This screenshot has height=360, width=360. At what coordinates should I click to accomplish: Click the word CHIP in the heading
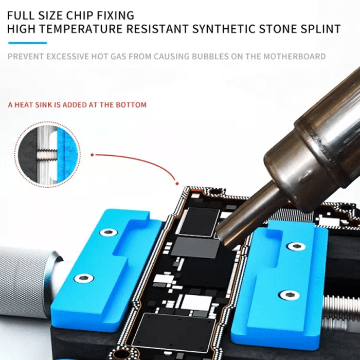80,15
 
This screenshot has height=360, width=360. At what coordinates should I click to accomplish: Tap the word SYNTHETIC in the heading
224,29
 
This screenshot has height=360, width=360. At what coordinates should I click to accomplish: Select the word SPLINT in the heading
321,29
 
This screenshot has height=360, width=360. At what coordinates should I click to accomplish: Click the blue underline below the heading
28,43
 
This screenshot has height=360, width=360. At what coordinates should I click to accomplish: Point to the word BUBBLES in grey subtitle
210,57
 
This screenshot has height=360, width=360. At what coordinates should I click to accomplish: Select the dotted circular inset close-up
47,154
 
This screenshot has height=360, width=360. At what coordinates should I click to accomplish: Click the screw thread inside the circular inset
47,154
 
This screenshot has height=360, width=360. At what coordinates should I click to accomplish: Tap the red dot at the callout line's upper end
92,155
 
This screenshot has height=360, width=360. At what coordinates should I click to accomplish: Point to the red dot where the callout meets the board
177,184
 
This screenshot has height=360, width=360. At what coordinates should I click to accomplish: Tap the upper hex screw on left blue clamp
109,232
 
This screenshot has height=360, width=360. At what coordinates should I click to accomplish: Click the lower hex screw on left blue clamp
84,278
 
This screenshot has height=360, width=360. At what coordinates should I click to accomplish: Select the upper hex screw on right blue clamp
297,246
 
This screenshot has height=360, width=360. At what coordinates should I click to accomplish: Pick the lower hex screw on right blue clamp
289,295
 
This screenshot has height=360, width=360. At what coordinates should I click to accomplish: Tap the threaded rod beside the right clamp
341,308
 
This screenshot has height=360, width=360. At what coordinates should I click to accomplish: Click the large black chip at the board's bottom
174,332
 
